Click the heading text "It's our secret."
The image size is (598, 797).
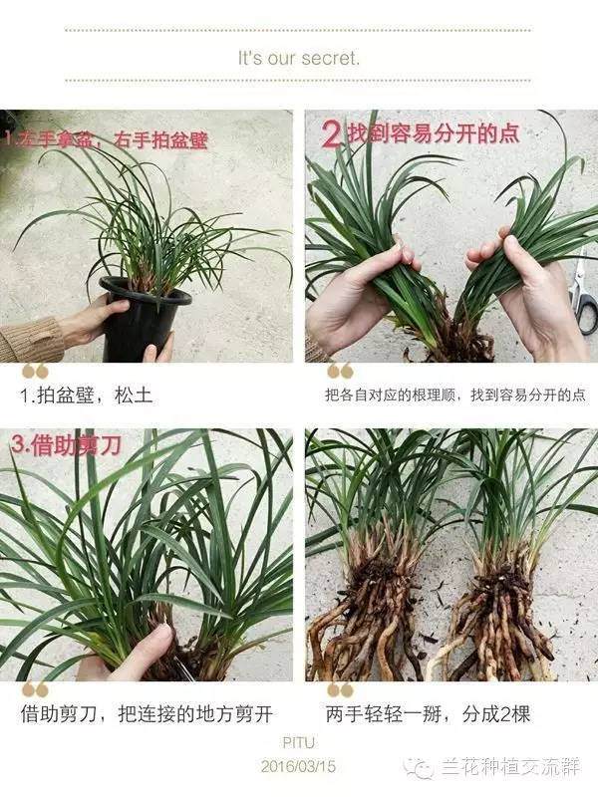click(298, 58)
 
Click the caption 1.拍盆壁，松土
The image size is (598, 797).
click(88, 396)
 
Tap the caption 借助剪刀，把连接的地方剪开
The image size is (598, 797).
click(147, 714)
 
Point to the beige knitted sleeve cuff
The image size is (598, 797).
click(30, 340)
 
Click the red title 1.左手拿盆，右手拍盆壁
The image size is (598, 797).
click(105, 140)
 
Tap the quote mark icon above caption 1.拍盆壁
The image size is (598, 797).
click(35, 372)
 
